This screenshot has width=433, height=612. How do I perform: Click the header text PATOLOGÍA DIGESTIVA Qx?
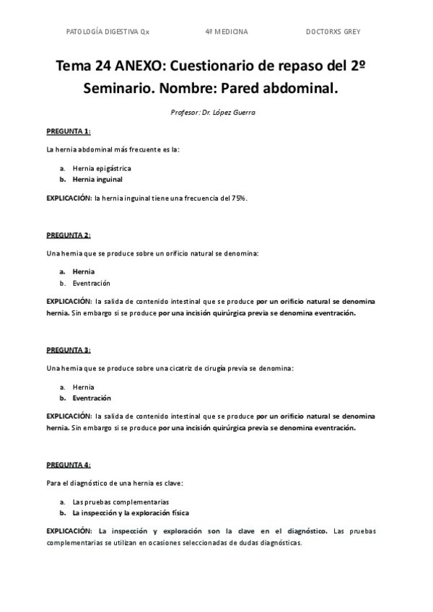(x=108, y=32)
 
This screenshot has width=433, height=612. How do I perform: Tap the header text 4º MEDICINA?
(x=227, y=32)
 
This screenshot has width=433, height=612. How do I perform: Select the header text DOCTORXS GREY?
(x=333, y=32)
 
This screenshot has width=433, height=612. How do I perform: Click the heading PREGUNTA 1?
(x=69, y=131)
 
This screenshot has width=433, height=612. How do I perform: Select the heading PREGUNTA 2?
(x=69, y=235)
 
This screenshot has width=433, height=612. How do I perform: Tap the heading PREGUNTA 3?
(x=69, y=350)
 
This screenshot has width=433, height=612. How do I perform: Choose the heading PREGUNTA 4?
(x=69, y=465)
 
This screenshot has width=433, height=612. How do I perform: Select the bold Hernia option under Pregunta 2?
(x=84, y=272)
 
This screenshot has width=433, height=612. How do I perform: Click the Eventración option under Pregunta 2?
(x=92, y=283)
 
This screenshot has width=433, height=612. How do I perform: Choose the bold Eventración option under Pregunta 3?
(x=92, y=398)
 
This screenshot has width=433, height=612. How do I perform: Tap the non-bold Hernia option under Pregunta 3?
(x=84, y=387)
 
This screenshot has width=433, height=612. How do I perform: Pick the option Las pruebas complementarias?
(x=121, y=502)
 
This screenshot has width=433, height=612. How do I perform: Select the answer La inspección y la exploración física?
(x=131, y=512)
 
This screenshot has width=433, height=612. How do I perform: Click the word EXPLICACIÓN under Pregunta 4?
(x=69, y=530)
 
